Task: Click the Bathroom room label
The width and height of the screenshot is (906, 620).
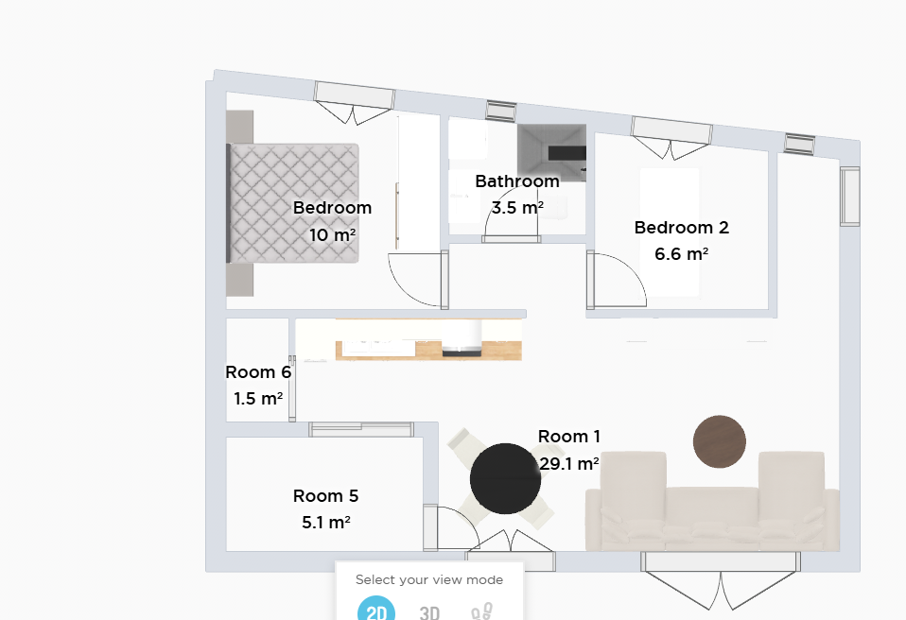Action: tap(517, 181)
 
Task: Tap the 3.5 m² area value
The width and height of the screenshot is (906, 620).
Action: tap(517, 207)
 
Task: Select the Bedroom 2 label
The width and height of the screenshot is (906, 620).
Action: tap(682, 228)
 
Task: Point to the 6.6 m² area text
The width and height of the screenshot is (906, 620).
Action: tap(682, 254)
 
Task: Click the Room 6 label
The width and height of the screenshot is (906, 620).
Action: tap(258, 372)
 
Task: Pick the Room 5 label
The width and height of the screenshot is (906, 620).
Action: tap(326, 496)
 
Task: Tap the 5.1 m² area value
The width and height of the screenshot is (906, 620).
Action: tap(326, 523)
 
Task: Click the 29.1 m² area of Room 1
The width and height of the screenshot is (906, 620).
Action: tap(569, 463)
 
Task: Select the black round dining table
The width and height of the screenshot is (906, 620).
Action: tap(505, 478)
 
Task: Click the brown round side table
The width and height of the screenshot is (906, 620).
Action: tap(720, 441)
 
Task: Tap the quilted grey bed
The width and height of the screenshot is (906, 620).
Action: tap(292, 203)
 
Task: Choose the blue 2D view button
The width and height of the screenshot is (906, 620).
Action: tap(376, 609)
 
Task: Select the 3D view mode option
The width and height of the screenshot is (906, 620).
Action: tap(429, 611)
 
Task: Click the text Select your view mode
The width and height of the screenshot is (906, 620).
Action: tap(429, 579)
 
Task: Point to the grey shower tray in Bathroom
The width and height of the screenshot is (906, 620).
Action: tap(551, 153)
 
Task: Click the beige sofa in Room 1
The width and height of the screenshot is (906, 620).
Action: tap(712, 501)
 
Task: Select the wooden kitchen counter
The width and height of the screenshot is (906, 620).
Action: tap(428, 350)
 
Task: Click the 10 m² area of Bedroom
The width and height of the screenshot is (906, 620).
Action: tap(332, 235)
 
